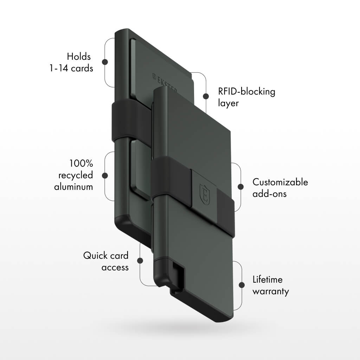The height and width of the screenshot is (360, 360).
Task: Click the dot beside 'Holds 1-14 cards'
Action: coord(105,62)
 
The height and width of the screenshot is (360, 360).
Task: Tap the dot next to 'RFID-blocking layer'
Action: coord(206,96)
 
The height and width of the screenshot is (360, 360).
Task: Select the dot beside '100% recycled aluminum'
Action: coord(105,175)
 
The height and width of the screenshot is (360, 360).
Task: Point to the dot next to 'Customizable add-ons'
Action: coord(240,187)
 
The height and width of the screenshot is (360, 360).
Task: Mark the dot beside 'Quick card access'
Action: coord(140,261)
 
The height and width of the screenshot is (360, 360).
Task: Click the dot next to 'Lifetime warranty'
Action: coord(242,285)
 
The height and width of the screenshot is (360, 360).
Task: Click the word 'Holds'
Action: coord(79,57)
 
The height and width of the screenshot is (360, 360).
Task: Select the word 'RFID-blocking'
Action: coord(246,92)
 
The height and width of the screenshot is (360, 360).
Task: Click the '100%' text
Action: coord(81,163)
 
